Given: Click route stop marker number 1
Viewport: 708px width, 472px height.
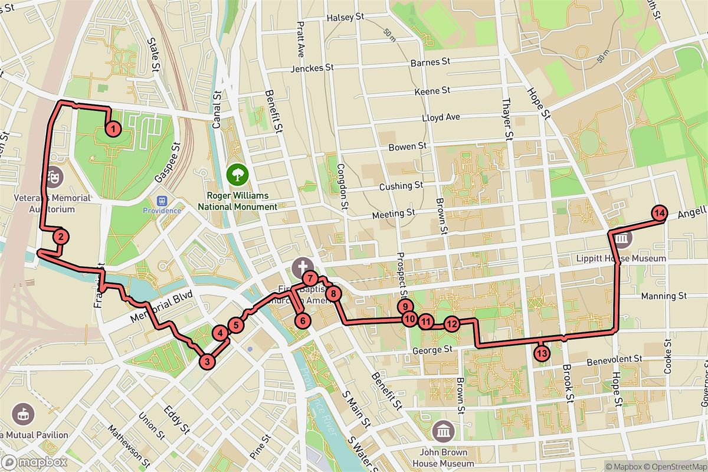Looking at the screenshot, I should pos(113,128).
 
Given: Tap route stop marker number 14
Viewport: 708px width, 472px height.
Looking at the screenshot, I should pos(660,214).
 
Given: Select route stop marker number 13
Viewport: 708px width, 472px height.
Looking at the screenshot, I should pos(542,353).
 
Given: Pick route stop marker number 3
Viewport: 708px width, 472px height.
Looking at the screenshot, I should pos(206,361).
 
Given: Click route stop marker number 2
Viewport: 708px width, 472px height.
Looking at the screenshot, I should pos(61,237).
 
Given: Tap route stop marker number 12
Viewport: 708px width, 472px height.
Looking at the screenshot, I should pos(451,323).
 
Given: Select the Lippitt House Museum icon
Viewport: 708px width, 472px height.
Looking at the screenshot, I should pos(622,240).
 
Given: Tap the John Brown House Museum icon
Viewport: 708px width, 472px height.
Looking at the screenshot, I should pos(443,431).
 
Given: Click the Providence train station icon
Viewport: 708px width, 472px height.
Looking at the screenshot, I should pos(157,199).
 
